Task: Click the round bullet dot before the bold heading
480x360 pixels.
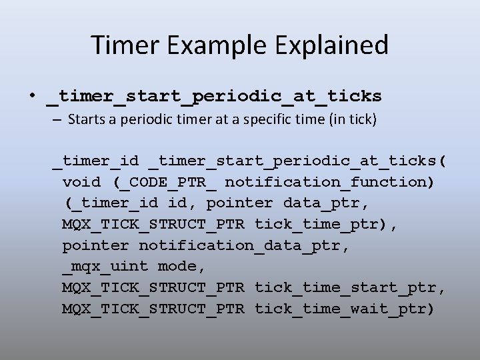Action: coord(32,96)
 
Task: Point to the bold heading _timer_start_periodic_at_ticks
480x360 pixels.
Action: coord(213,97)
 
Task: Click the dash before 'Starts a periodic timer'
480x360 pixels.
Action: coord(55,121)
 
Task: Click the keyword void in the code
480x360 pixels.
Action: coord(81,181)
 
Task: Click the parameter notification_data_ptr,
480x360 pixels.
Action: coord(244,245)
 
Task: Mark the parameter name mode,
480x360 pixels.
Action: coord(182,267)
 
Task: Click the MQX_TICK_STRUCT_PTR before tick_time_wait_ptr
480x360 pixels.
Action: coord(153,309)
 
